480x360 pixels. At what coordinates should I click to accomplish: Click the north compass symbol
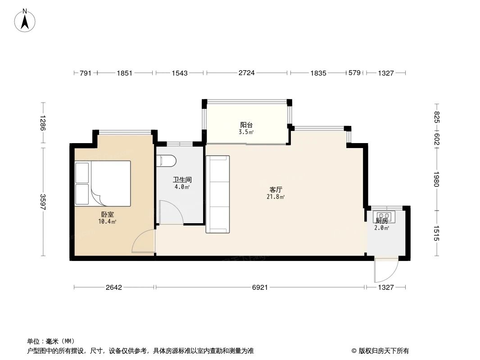26,20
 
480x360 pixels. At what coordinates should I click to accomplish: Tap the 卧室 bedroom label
108,215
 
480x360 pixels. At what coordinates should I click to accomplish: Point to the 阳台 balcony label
246,125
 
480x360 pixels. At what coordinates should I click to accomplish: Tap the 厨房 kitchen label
381,220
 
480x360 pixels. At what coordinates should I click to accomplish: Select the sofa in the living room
217,194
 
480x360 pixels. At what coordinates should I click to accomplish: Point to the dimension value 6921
259,287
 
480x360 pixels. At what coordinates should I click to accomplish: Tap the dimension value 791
86,73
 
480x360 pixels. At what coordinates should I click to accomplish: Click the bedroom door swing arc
142,242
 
